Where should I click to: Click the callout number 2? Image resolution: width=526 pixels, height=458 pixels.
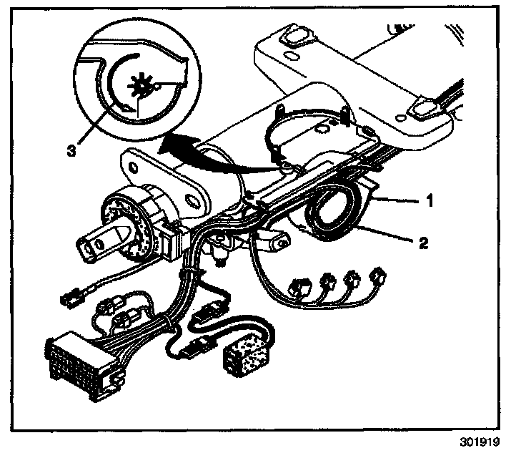coord(423,243)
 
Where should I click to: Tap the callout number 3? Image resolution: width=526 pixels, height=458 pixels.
coord(69,152)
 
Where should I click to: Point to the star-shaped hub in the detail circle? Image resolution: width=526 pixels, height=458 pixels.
coord(140,90)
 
